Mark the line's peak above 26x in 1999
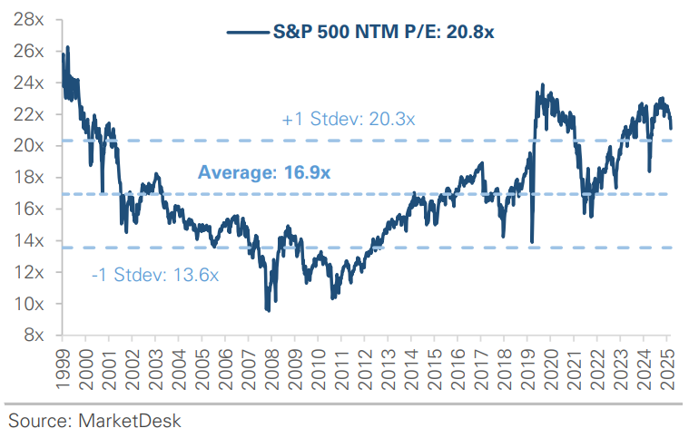68,46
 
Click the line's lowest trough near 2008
268,311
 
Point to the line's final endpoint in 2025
671,129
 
